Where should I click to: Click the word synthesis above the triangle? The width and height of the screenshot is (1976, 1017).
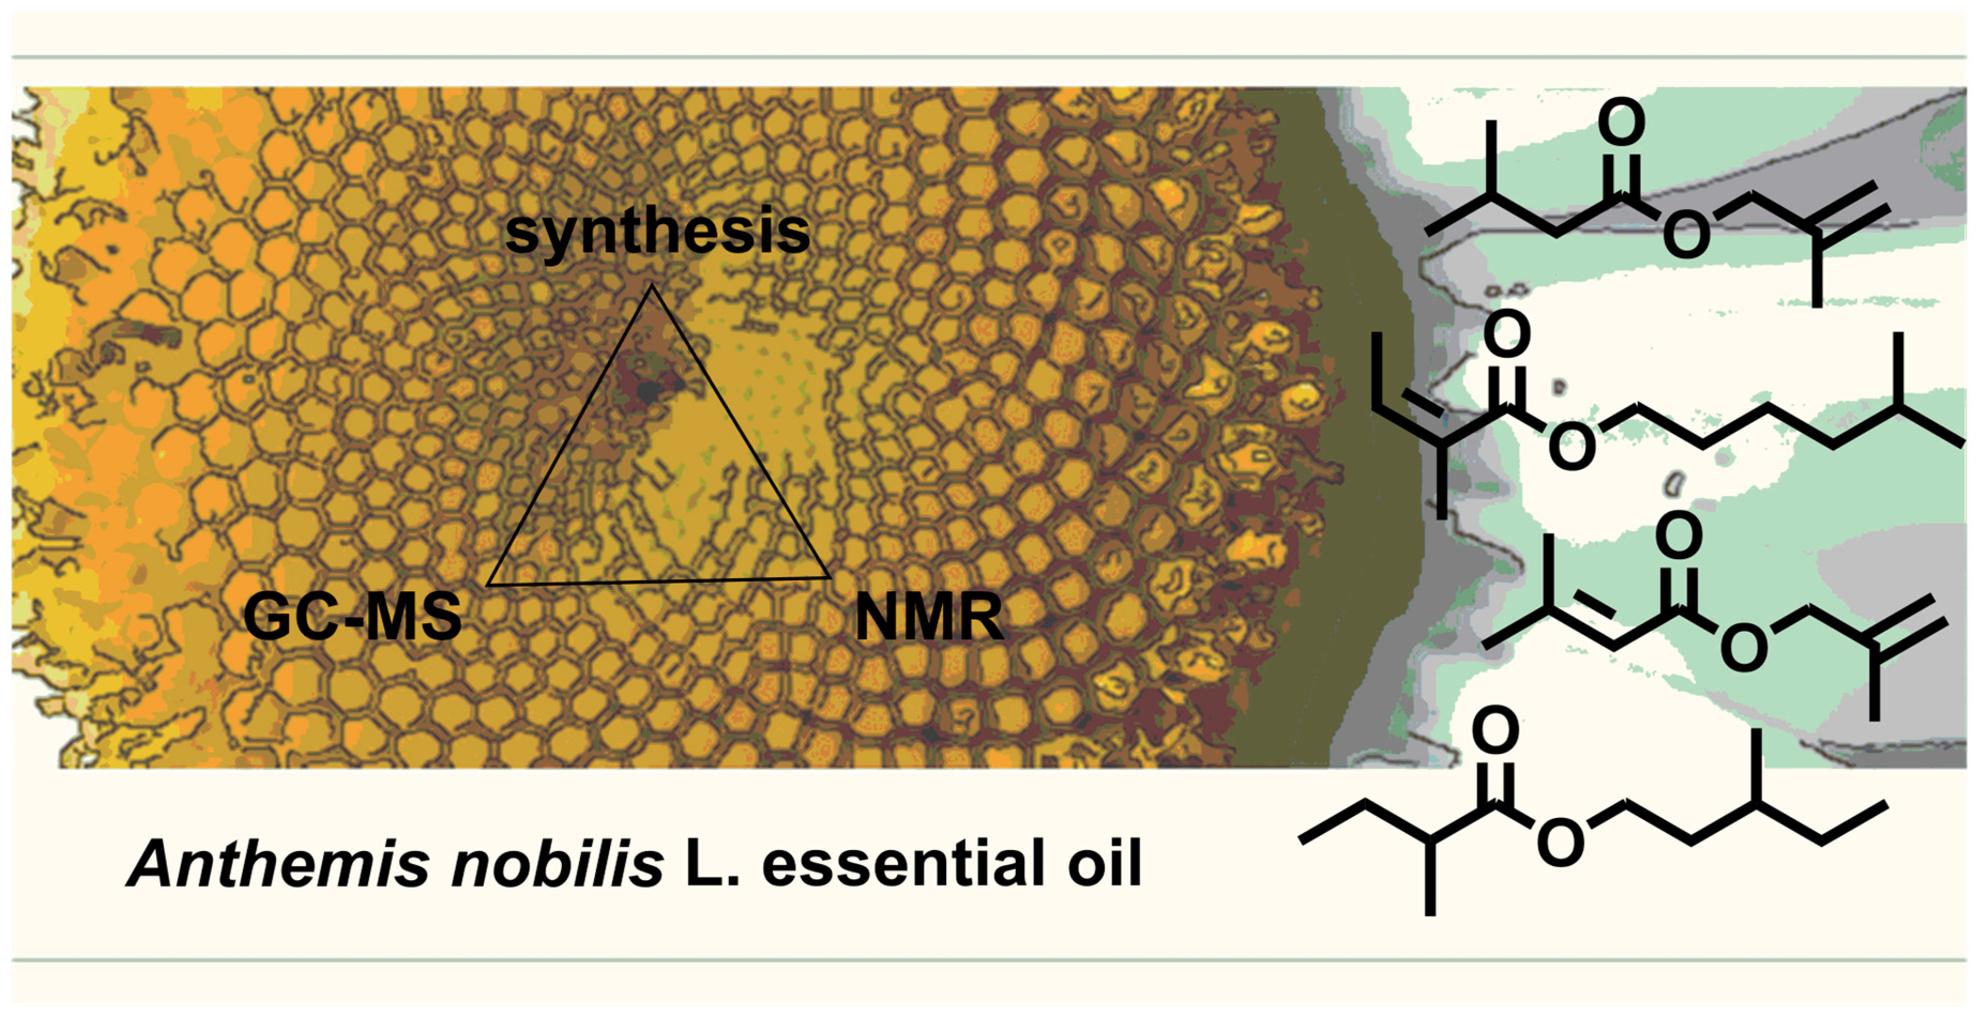(657, 233)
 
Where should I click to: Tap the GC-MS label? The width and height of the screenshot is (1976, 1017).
(352, 617)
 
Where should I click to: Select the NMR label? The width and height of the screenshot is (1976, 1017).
(929, 617)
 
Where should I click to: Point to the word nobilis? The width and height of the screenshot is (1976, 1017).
(558, 865)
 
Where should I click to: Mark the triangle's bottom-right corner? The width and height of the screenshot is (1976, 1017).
(829, 577)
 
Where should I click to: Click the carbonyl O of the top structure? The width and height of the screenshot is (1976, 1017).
(1622, 123)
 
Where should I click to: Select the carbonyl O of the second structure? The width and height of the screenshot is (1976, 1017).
(1507, 334)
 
